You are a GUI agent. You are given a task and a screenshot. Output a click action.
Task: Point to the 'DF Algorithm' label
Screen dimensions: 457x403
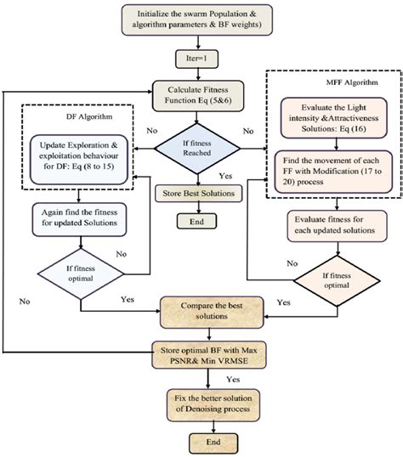pos(88,119)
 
